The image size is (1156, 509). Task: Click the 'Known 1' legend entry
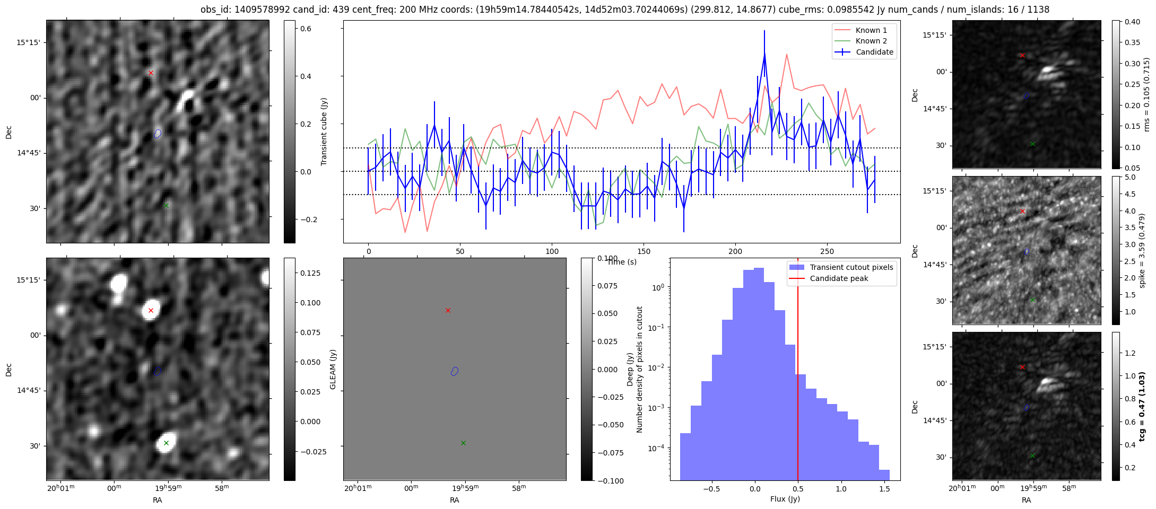[871, 30]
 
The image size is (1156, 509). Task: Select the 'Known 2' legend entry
[871, 41]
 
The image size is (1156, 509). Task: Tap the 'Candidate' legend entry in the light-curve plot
[874, 52]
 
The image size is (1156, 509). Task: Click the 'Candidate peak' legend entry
[839, 278]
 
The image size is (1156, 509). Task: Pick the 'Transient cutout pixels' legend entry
[851, 267]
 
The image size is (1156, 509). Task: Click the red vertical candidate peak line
[797, 371]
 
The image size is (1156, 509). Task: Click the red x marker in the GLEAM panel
[448, 310]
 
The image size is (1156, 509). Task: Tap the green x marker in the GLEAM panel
[463, 443]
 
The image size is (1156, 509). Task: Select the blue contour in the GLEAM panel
[455, 371]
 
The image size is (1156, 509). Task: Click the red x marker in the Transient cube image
[151, 73]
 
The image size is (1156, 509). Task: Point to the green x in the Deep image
[166, 443]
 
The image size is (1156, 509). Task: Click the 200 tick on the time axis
[735, 251]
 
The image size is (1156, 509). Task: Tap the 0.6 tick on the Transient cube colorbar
[306, 29]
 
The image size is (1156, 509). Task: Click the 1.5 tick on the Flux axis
[884, 489]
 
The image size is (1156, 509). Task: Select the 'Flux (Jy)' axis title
[785, 499]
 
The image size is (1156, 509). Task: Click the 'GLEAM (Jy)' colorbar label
[333, 369]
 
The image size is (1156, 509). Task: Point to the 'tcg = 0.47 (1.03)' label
[1142, 406]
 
